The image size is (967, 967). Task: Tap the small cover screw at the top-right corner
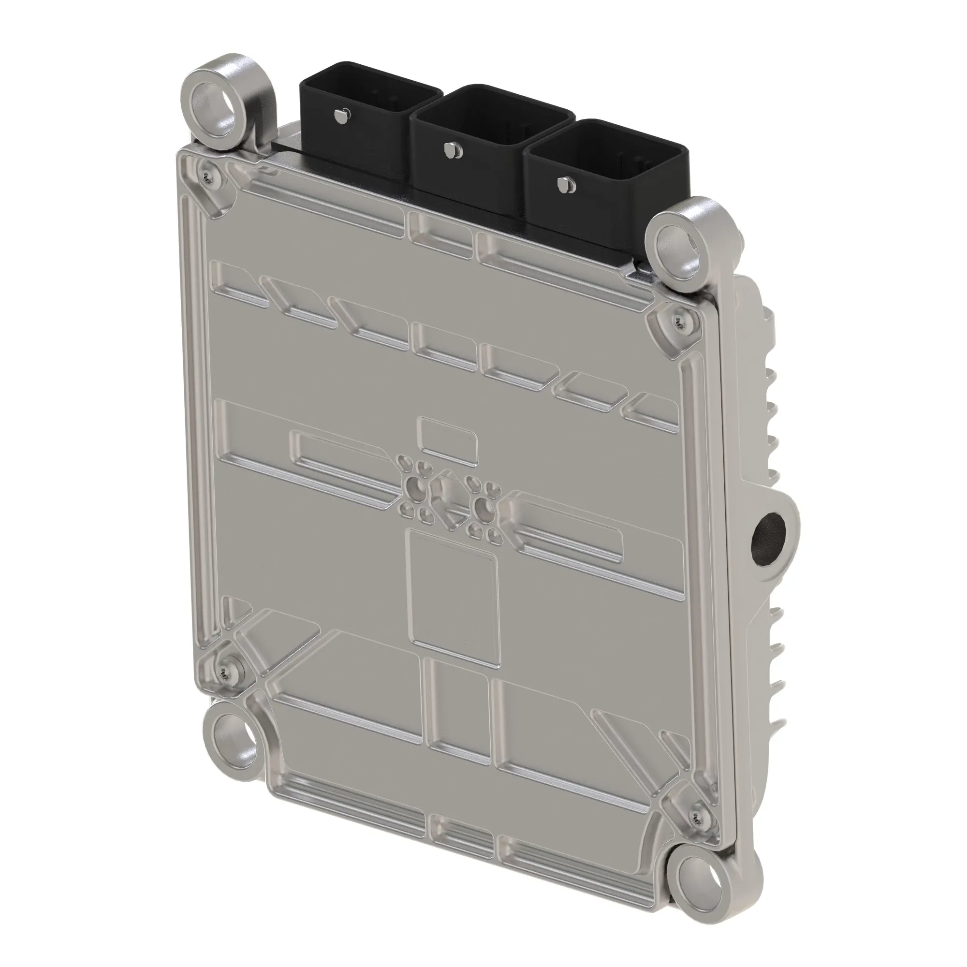679,317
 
